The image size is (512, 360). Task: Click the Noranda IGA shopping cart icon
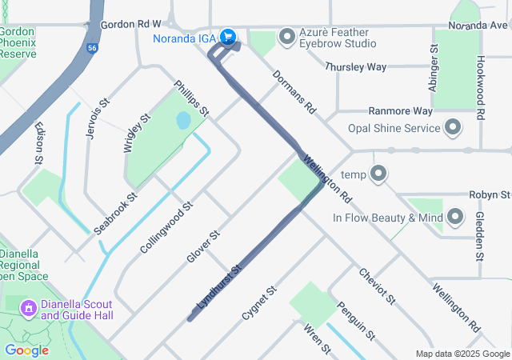coord(228,36)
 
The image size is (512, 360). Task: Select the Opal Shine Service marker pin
coord(453,128)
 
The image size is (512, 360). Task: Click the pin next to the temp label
coord(379,174)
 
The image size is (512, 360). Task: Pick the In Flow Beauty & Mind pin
coord(455,217)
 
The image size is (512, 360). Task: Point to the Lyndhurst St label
coord(218,289)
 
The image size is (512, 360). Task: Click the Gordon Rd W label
coord(130,26)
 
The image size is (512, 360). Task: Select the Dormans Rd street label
coord(294,90)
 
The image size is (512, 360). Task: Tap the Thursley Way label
coord(356,67)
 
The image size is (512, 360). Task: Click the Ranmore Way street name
coord(400,111)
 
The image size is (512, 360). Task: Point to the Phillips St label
coord(192,98)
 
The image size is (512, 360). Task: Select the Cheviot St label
coord(378,286)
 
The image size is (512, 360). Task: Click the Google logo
coord(26,350)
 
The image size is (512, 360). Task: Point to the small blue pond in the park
coord(182,122)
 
